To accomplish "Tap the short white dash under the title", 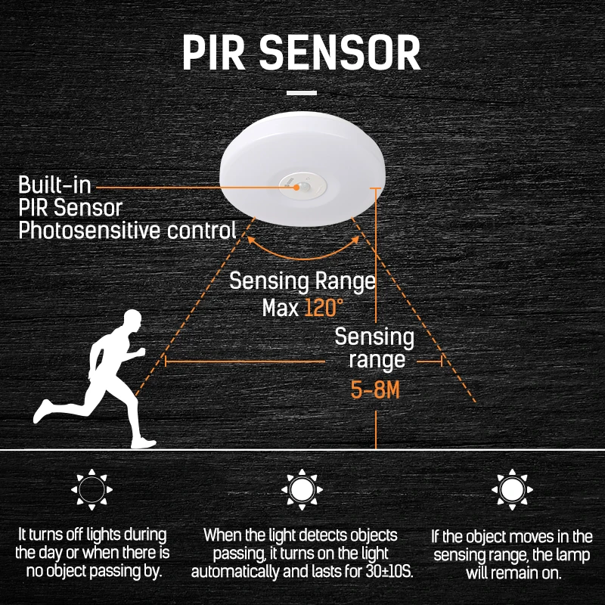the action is [302, 94].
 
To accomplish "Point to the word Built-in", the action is [57, 185].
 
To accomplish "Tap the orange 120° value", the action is [324, 308].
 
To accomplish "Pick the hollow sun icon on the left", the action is [92, 490].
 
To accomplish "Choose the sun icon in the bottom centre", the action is [302, 490].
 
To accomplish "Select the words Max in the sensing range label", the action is [281, 308].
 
